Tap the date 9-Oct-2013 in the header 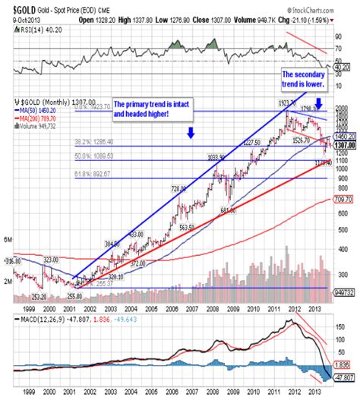coord(17,15)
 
